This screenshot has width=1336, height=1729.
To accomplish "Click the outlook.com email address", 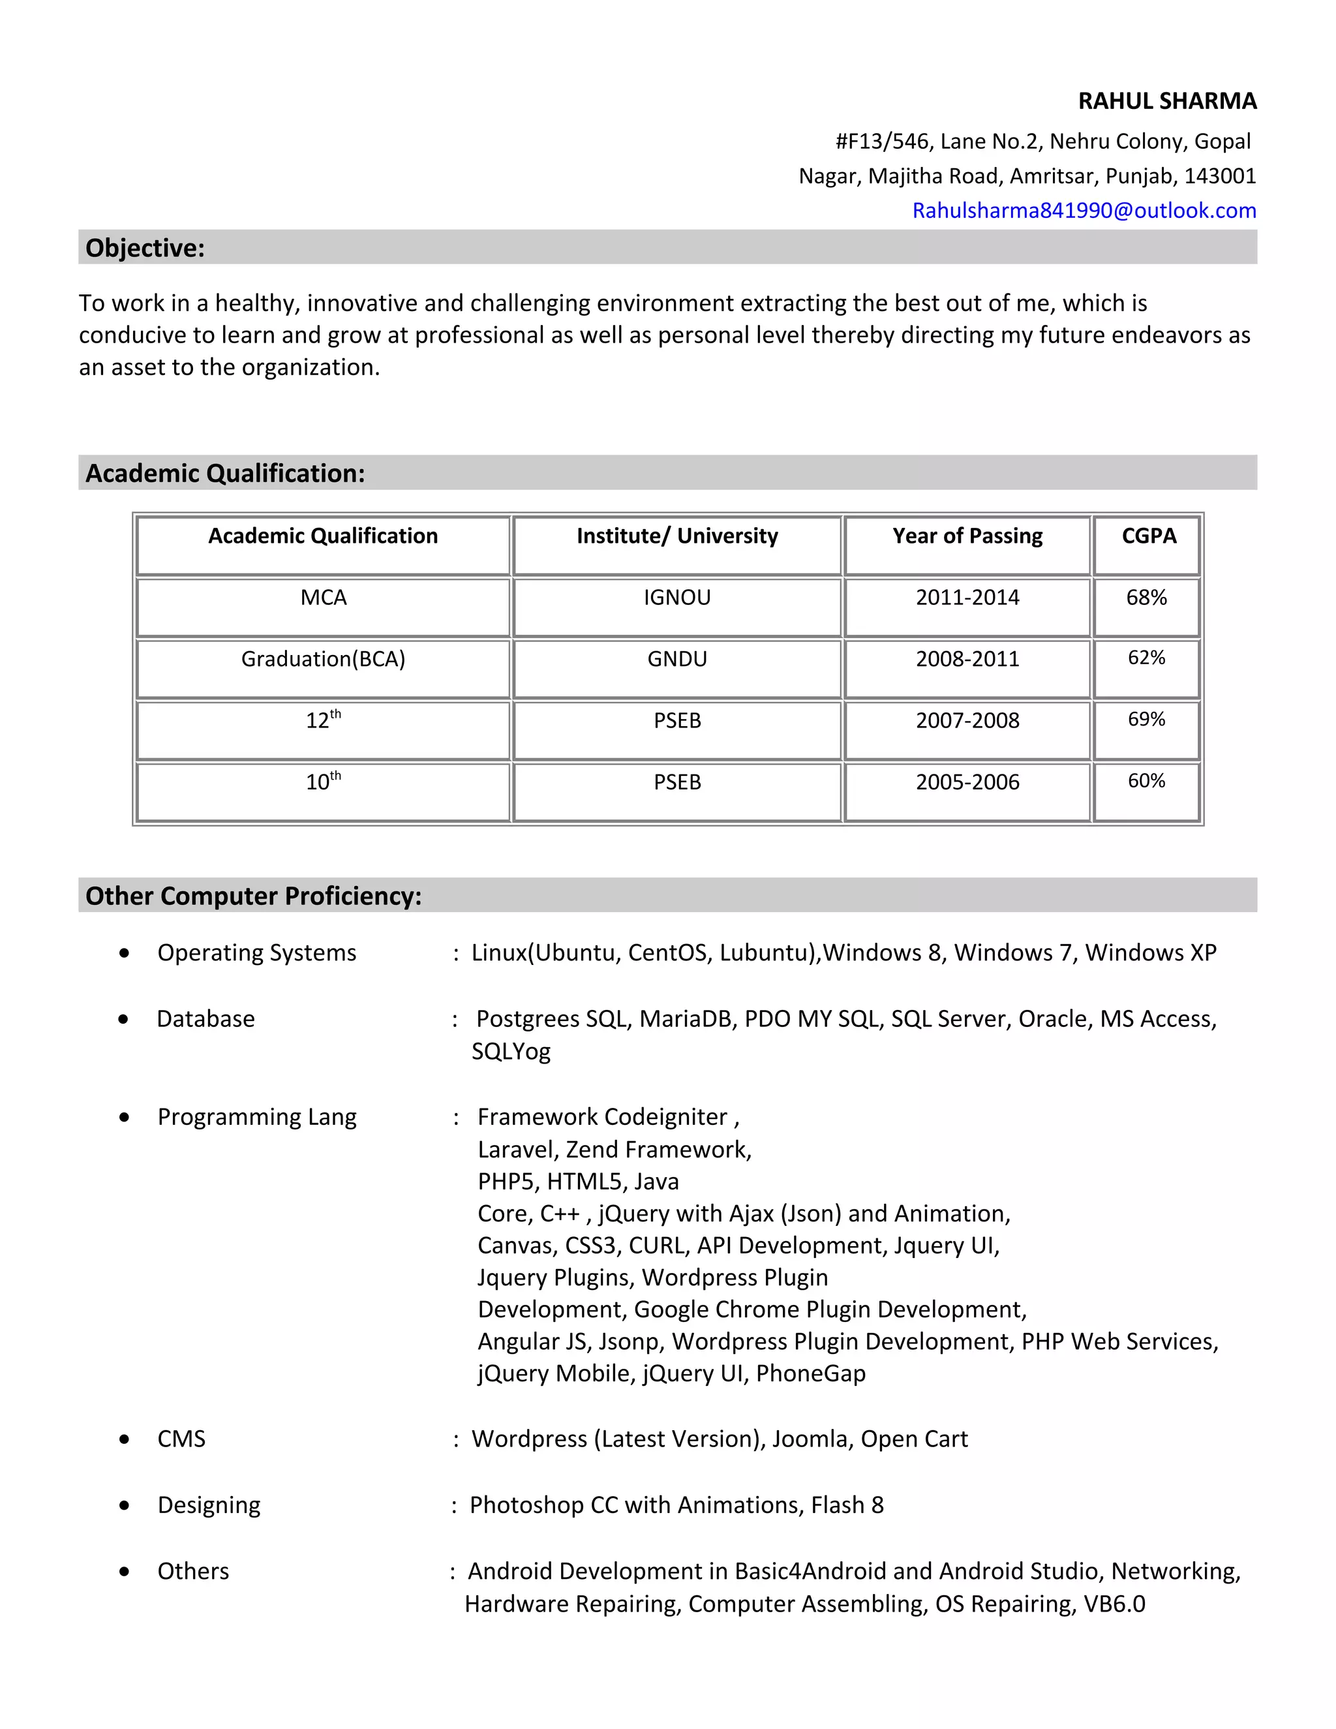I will tap(1084, 211).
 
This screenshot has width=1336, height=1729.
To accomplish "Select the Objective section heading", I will tap(145, 248).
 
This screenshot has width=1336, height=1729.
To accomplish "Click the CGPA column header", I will tap(1148, 536).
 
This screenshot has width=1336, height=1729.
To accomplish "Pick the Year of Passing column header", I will tap(967, 536).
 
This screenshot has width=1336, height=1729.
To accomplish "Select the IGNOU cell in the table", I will tap(676, 598).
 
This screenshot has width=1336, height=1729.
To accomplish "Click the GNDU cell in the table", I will tap(676, 659).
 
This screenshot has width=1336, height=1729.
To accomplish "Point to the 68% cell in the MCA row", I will tap(1146, 598).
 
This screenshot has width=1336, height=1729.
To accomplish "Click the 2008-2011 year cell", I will tap(967, 659).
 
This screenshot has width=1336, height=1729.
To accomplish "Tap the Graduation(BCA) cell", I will tap(323, 659).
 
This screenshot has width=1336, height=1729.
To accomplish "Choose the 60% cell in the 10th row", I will tap(1146, 782).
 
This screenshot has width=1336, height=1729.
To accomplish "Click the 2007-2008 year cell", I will tap(967, 720).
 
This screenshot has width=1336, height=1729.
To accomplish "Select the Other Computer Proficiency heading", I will tap(253, 896).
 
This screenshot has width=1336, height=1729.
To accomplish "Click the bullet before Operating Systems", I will tap(124, 953).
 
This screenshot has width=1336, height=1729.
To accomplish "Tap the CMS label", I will tap(181, 1439).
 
